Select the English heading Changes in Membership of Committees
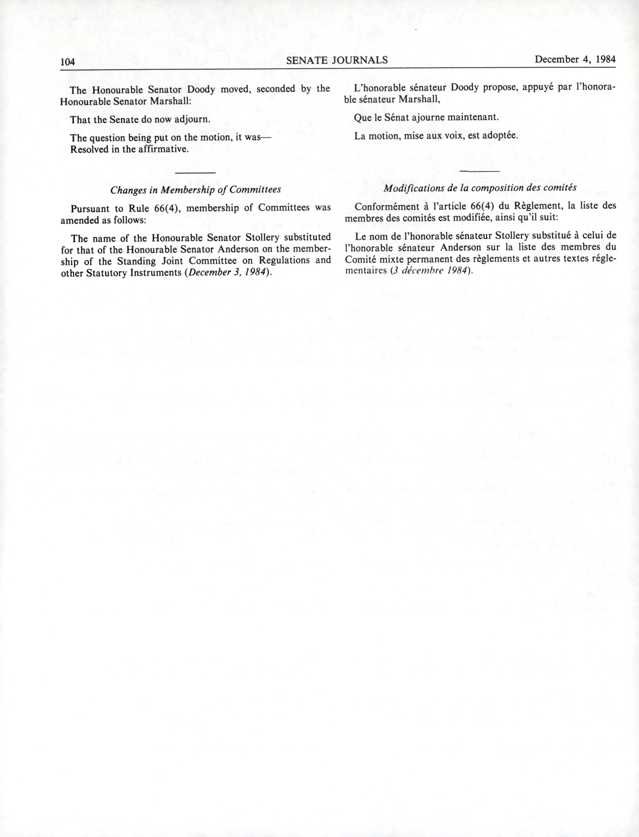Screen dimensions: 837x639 coord(196,190)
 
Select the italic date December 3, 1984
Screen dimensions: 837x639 coord(228,273)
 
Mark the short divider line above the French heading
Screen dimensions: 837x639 coord(480,171)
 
